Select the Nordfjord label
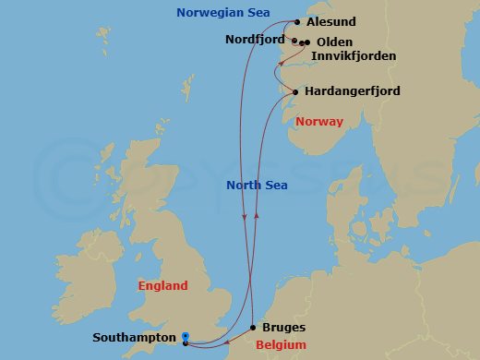click(x=256, y=39)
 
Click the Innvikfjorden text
click(x=354, y=56)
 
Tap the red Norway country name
click(x=319, y=122)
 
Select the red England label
click(x=162, y=286)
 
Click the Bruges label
click(x=283, y=328)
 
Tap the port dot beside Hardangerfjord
click(x=294, y=91)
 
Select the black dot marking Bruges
click(x=253, y=328)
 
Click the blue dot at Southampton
click(x=186, y=336)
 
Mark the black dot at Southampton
click(x=186, y=343)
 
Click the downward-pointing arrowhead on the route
click(x=244, y=218)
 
